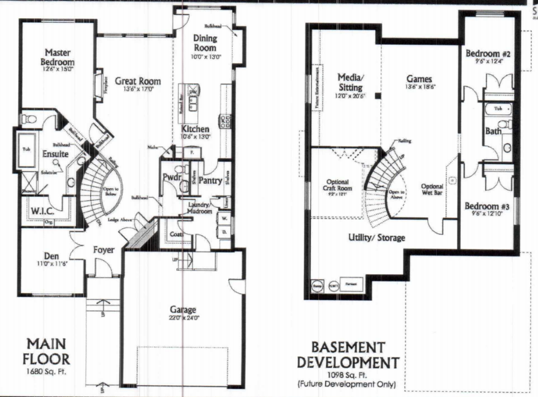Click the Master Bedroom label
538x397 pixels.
(x=58, y=56)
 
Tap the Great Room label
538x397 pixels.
(x=137, y=81)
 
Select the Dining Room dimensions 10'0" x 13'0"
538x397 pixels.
(x=205, y=58)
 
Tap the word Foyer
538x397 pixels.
(x=103, y=250)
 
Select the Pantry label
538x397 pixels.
(x=209, y=180)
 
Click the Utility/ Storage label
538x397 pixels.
(x=377, y=237)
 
